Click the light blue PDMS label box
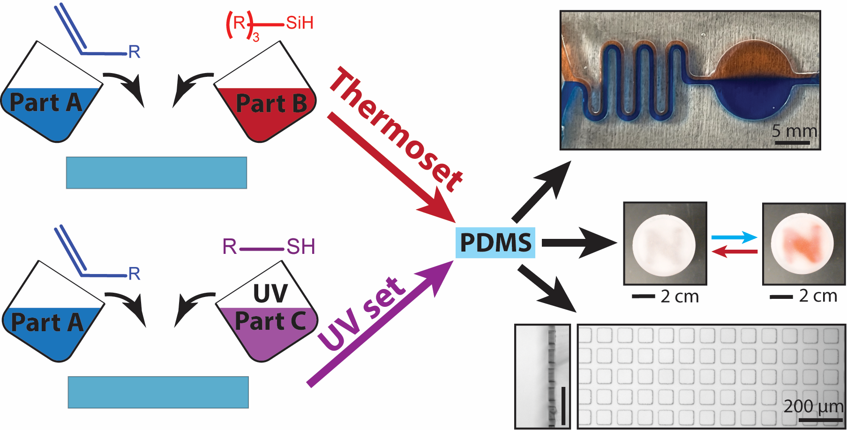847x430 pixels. click(x=495, y=242)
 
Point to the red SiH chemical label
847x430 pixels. click(x=299, y=22)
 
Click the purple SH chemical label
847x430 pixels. click(x=300, y=246)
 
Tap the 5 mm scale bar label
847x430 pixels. click(x=794, y=131)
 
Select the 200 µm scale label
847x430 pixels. click(x=813, y=406)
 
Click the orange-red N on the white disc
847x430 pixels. click(x=802, y=244)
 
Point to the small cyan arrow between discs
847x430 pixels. click(x=735, y=237)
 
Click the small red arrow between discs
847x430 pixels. click(x=735, y=252)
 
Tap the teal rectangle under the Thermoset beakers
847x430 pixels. click(x=157, y=173)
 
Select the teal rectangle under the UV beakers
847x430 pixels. click(x=158, y=392)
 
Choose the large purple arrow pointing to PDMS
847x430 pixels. click(x=380, y=323)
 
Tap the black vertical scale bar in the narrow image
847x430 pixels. click(x=563, y=405)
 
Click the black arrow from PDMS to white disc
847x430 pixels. click(x=578, y=243)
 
